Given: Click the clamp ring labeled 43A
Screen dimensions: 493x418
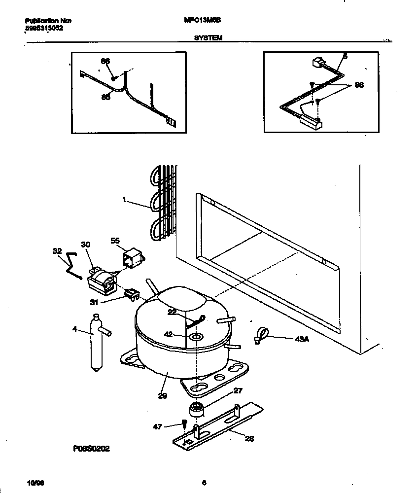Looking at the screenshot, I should pyautogui.click(x=262, y=335).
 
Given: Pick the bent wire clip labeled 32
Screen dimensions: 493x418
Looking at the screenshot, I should pyautogui.click(x=72, y=265).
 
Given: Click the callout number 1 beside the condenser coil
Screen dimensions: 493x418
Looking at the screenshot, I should pyautogui.click(x=124, y=200).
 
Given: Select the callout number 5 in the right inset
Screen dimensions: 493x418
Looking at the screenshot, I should pyautogui.click(x=345, y=57).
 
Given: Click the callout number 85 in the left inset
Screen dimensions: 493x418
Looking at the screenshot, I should pyautogui.click(x=105, y=97).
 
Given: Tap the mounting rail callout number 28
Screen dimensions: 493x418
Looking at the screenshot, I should pyautogui.click(x=249, y=438).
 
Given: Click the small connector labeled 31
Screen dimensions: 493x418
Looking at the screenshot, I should pyautogui.click(x=131, y=295).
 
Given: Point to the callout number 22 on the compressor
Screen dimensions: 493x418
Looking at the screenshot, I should pyautogui.click(x=172, y=312).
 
